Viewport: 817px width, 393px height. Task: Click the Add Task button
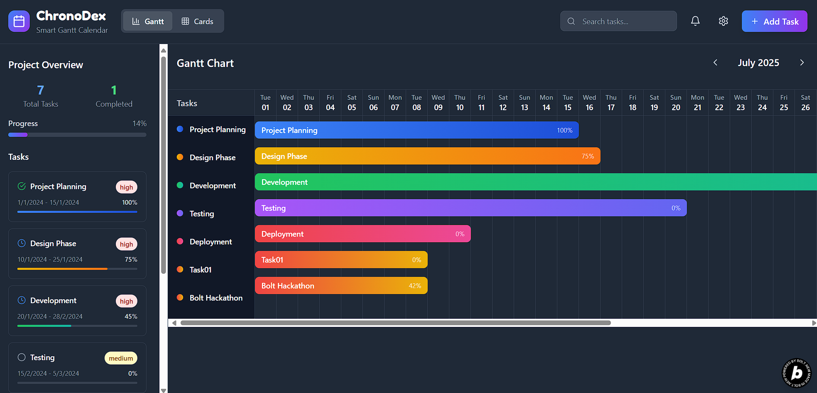[x=774, y=21]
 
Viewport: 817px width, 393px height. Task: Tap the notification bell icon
[x=695, y=21]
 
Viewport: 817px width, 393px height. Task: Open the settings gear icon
[x=723, y=21]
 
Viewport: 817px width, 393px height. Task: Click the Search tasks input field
[x=622, y=21]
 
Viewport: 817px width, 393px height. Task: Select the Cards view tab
[x=197, y=21]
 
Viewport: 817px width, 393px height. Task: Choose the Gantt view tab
[x=148, y=21]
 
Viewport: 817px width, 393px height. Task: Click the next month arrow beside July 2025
[x=802, y=63]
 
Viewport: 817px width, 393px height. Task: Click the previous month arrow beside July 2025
[x=715, y=63]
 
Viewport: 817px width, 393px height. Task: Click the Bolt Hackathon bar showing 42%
[x=341, y=285]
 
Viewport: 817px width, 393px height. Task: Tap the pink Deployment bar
[x=362, y=234]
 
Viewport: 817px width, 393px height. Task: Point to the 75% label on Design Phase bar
[x=588, y=156]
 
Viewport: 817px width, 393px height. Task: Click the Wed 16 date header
[x=589, y=103]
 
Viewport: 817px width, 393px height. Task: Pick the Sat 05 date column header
[x=352, y=103]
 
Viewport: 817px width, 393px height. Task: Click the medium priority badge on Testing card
[x=121, y=358]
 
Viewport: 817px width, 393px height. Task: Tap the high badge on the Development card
[x=126, y=301]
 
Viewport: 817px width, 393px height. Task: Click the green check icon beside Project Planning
[x=22, y=186]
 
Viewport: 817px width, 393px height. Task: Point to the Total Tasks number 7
[x=41, y=90]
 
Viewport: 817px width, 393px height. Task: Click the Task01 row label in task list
[x=200, y=269]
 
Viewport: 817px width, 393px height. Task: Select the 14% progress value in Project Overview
[x=139, y=124]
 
